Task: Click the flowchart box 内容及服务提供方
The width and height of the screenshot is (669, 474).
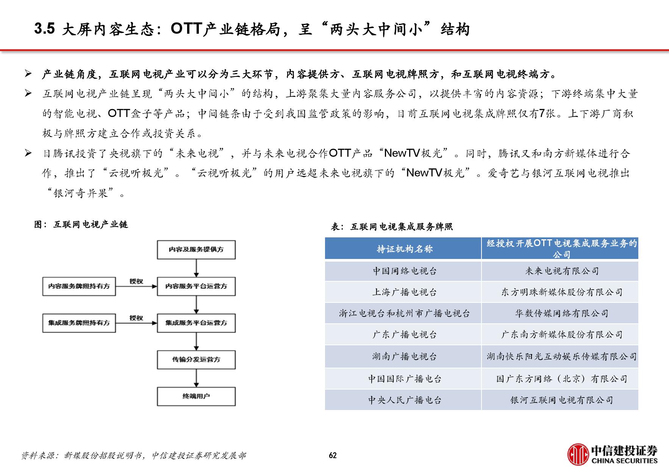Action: pos(196,249)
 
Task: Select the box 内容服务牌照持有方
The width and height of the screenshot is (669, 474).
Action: pos(79,286)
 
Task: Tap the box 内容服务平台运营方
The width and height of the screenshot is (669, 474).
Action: pos(196,286)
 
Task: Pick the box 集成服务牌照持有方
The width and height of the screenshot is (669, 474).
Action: pos(79,323)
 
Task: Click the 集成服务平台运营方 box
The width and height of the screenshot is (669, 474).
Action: pos(196,323)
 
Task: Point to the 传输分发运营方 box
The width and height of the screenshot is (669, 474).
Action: pos(196,360)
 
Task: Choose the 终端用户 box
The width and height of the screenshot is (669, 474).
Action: pos(196,396)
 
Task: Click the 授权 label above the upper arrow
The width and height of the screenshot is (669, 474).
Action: pos(136,281)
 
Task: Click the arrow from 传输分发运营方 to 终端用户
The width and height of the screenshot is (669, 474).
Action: pos(196,378)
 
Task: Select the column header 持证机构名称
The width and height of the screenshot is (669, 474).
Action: pos(405,249)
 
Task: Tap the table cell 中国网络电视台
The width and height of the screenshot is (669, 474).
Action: pos(405,271)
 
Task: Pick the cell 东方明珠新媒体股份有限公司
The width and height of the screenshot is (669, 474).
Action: pos(562,292)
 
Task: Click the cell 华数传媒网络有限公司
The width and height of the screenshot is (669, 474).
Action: pos(562,313)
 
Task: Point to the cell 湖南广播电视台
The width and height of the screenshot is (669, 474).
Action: pos(405,356)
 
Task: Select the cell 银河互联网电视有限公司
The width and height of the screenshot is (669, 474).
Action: pos(562,400)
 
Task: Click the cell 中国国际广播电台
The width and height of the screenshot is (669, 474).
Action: pos(405,379)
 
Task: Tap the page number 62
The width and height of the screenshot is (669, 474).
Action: pos(333,455)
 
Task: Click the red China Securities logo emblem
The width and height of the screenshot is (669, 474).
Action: pos(578,454)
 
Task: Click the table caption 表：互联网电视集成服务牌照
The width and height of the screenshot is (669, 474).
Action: pos(392,227)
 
